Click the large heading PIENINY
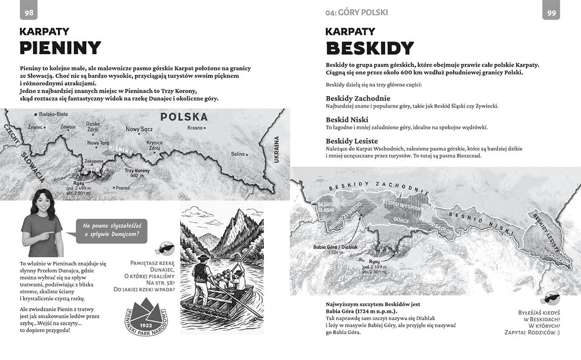pyautogui.click(x=61, y=48)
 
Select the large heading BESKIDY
pyautogui.click(x=370, y=48)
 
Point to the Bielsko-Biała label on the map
pyautogui.click(x=53, y=115)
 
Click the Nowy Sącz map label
pyautogui.click(x=139, y=129)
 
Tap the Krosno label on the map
pyautogui.click(x=195, y=128)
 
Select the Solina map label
pyautogui.click(x=238, y=154)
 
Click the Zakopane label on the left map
pyautogui.click(x=94, y=162)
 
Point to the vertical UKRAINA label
pyautogui.click(x=277, y=150)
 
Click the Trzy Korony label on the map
pyautogui.click(x=137, y=170)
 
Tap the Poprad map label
pyautogui.click(x=123, y=188)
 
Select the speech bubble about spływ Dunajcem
pyautogui.click(x=111, y=230)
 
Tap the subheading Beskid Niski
pyautogui.click(x=347, y=120)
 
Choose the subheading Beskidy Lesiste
pyautogui.click(x=352, y=141)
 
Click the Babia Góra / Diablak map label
pyautogui.click(x=336, y=247)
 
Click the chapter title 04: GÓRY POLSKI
pyautogui.click(x=356, y=12)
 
